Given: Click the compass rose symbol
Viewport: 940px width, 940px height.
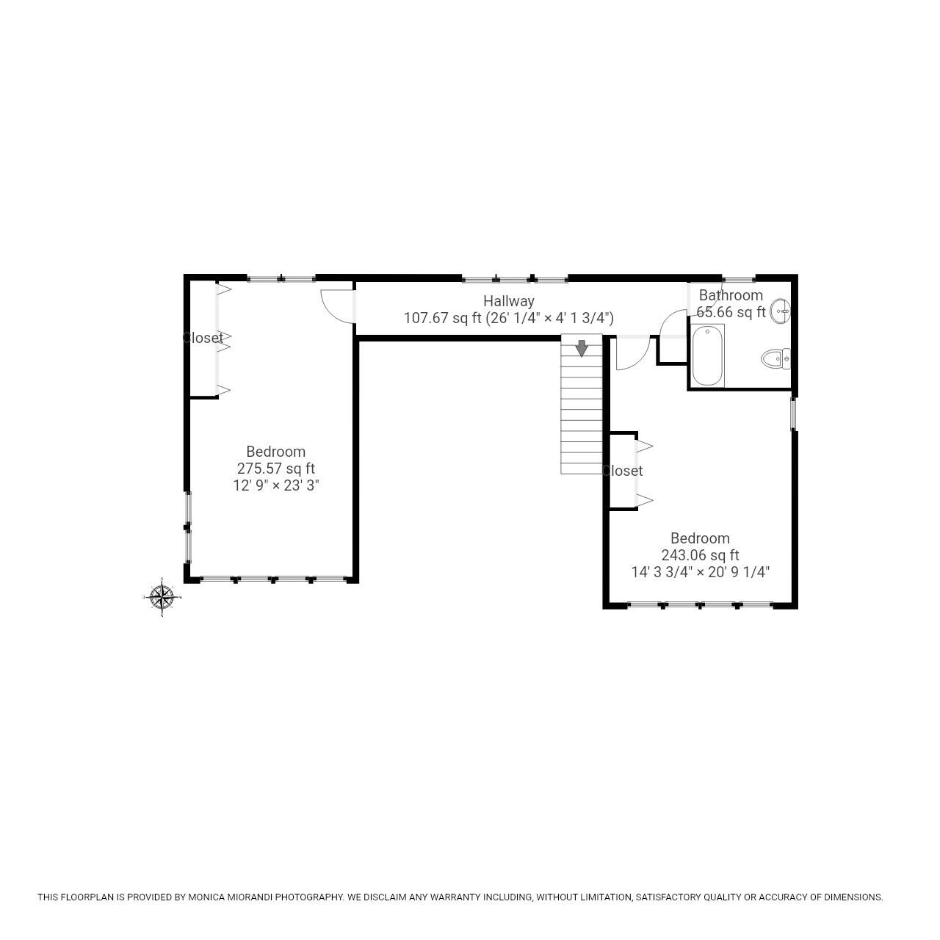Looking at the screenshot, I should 162,597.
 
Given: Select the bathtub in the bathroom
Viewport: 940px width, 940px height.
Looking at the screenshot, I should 708,356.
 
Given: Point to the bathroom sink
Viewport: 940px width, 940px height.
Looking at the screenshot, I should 781,311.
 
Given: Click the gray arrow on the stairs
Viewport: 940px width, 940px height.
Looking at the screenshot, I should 582,348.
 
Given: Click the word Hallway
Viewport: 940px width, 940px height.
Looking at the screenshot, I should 508,301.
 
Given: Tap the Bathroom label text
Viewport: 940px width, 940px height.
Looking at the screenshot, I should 731,295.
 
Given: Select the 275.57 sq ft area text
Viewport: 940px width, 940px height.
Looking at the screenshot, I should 275,469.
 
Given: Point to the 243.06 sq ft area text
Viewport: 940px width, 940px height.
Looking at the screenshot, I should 700,555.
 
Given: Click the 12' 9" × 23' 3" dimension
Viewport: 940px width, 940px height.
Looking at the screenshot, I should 275,485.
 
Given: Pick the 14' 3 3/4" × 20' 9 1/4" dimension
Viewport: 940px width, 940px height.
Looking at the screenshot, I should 700,572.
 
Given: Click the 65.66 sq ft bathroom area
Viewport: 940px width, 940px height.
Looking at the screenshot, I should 731,312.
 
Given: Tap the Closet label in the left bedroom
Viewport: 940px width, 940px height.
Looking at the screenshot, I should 203,338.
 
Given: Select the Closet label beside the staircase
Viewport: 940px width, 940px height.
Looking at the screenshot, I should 622,471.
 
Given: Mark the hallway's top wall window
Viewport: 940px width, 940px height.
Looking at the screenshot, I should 515,278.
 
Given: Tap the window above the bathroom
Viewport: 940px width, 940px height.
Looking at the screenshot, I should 738,278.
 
